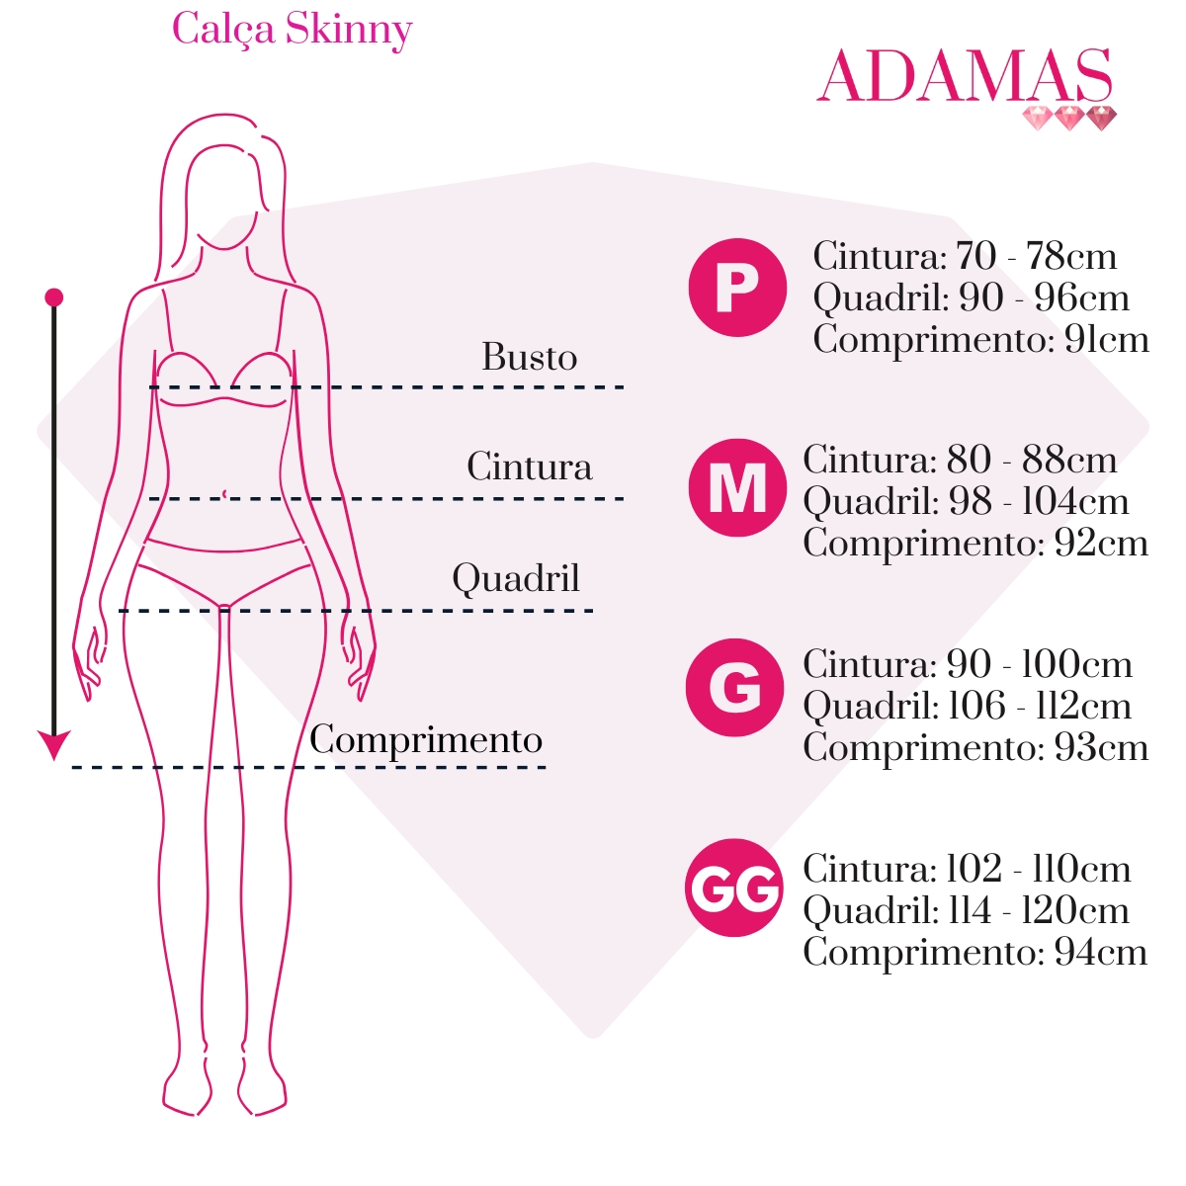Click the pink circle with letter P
(x=737, y=288)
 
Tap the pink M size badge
(x=737, y=487)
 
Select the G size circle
(x=735, y=688)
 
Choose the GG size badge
(x=734, y=889)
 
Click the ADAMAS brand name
(x=966, y=77)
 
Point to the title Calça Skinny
(x=292, y=30)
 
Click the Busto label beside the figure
(x=530, y=358)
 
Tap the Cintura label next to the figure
(x=530, y=466)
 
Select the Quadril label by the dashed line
(x=516, y=578)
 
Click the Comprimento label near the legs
(x=426, y=739)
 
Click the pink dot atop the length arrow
(x=54, y=297)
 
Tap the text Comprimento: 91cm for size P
(x=980, y=340)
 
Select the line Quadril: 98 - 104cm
(x=966, y=502)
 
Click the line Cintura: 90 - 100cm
(x=968, y=664)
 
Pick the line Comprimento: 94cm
(x=974, y=953)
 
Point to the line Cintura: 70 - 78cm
(x=965, y=257)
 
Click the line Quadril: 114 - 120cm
(x=966, y=910)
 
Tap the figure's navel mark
(x=226, y=492)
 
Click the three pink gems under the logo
(x=1068, y=119)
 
